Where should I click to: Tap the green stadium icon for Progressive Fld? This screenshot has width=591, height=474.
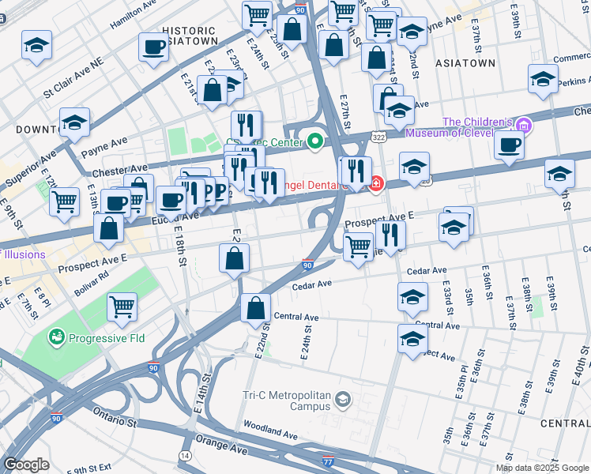pos(56,338)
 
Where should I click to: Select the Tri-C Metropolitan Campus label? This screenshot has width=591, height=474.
pos(285,400)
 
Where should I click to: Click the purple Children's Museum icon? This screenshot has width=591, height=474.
pos(522,124)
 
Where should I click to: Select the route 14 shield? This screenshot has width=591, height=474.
pos(185,456)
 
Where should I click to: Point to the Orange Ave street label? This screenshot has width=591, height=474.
pos(223,446)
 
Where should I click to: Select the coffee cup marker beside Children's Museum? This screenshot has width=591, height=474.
pos(509,145)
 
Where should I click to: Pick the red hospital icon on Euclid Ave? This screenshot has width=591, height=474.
pos(377,184)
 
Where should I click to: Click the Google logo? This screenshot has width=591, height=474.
pos(26,465)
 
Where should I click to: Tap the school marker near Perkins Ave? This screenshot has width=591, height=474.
pos(543,79)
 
